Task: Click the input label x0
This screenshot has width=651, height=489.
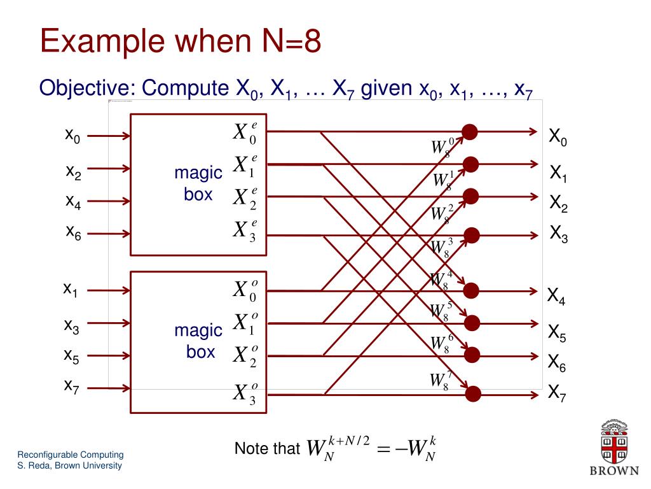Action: (72, 136)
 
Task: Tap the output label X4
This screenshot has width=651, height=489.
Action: (556, 296)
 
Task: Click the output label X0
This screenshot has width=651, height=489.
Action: (558, 137)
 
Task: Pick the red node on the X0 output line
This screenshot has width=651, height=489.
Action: (470, 132)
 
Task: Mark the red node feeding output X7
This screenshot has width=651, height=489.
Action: (473, 393)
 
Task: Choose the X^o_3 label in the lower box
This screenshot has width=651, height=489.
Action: (245, 393)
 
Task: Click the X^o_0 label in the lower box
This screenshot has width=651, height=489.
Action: (245, 290)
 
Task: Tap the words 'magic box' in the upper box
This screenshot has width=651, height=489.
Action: (198, 183)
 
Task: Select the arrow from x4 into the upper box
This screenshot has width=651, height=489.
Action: (108, 202)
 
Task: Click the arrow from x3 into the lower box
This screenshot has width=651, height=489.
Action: (108, 326)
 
